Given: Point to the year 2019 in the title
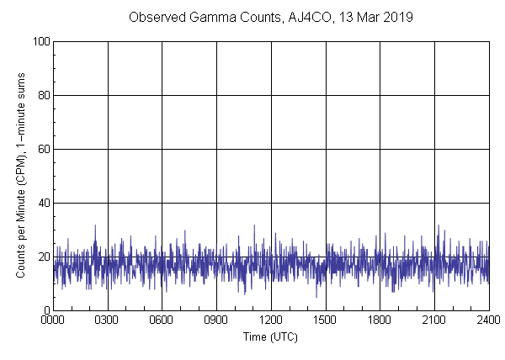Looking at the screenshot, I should click(394, 17).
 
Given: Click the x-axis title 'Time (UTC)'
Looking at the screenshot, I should click(270, 336).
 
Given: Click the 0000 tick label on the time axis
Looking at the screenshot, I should click(53, 320).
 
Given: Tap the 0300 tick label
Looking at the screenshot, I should click(108, 320).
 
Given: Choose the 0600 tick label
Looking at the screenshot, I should click(162, 320).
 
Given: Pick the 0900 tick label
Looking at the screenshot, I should click(216, 320).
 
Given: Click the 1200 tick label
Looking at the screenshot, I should click(271, 320).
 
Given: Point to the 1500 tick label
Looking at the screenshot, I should click(325, 320).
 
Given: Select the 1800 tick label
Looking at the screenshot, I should click(380, 320).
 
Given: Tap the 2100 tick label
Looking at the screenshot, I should click(434, 320).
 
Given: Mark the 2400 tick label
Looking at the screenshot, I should click(488, 320).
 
